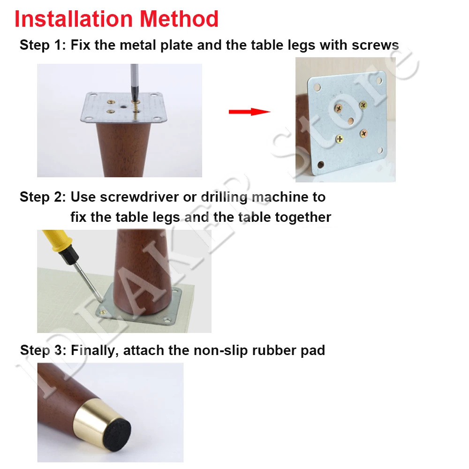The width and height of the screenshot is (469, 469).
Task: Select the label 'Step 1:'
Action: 43,45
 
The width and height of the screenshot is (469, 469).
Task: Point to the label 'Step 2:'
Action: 43,197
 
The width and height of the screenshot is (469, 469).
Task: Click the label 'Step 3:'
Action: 43,350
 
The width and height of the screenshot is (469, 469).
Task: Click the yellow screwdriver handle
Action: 56,243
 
